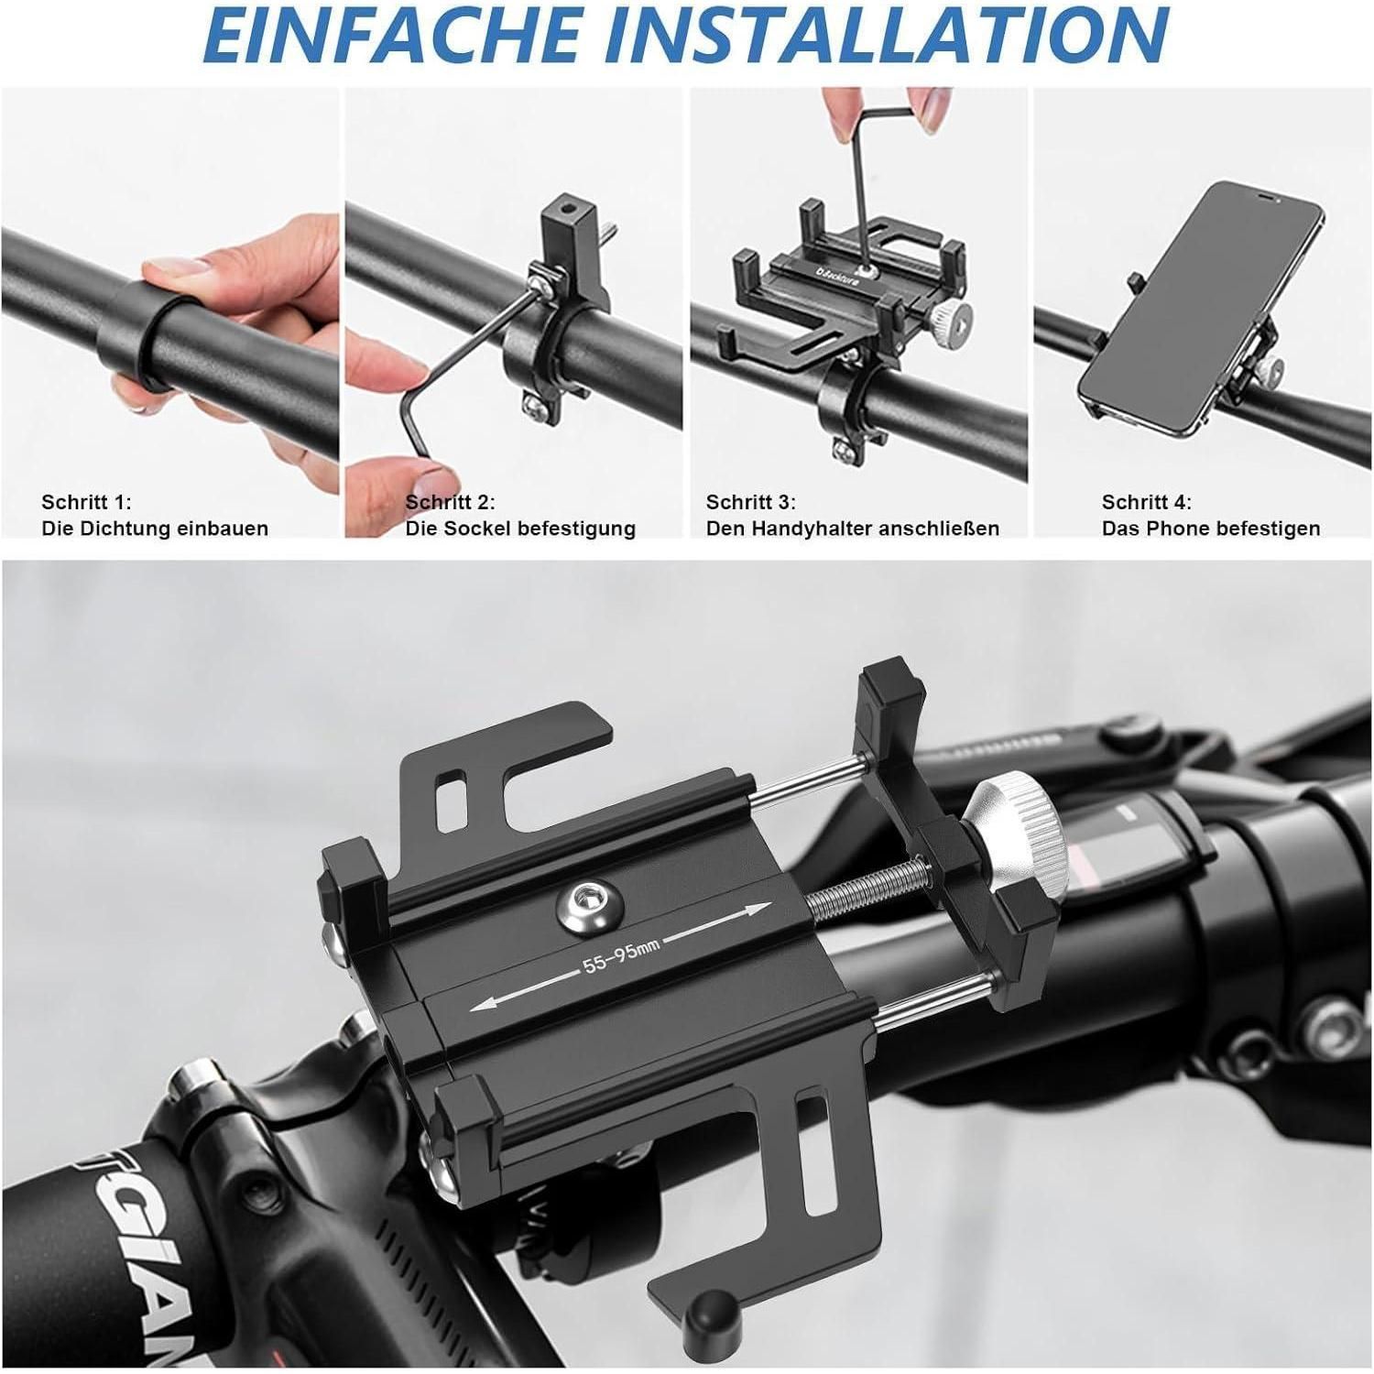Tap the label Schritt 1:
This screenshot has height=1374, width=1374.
(87, 502)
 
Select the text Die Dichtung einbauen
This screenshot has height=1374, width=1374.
(155, 529)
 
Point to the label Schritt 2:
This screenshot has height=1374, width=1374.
(451, 502)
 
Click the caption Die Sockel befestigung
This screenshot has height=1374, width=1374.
(520, 529)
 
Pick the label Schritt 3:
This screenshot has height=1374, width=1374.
(751, 502)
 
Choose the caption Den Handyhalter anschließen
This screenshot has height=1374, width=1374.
(853, 529)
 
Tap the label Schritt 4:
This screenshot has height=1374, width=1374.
(1147, 502)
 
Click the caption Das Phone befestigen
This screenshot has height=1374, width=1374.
(1211, 529)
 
